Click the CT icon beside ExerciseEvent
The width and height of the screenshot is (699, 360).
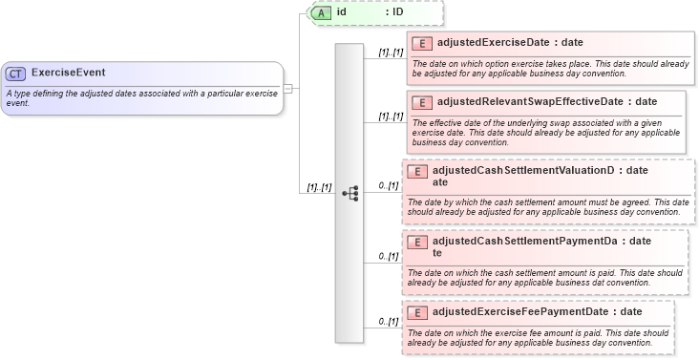point(15,74)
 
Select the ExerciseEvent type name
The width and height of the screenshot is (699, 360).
point(69,73)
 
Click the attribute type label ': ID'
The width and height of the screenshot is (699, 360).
point(393,12)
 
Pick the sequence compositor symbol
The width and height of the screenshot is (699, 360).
point(349,192)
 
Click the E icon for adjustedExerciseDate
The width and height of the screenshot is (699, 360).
point(421,44)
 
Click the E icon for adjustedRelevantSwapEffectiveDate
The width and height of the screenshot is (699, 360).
point(421,103)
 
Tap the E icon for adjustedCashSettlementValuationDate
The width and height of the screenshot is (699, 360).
point(416,172)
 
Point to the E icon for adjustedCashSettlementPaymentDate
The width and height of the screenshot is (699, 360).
point(416,243)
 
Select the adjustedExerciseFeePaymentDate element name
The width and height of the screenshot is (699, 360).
point(519,311)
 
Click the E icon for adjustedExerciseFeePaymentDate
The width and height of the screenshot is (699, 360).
point(416,312)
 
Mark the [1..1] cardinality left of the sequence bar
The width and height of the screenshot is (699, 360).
point(319,187)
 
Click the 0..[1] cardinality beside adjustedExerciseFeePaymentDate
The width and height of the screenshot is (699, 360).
point(388,321)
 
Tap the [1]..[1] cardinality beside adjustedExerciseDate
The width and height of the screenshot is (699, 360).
point(391,53)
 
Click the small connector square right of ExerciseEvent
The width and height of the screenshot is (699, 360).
point(287,88)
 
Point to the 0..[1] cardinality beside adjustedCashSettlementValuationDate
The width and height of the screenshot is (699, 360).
point(388,185)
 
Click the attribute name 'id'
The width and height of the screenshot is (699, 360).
point(341,12)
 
